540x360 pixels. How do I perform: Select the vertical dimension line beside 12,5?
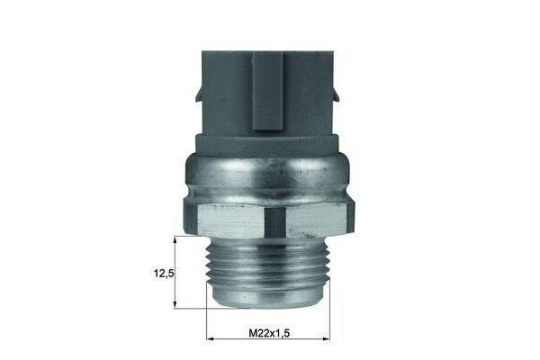point(175,272)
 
